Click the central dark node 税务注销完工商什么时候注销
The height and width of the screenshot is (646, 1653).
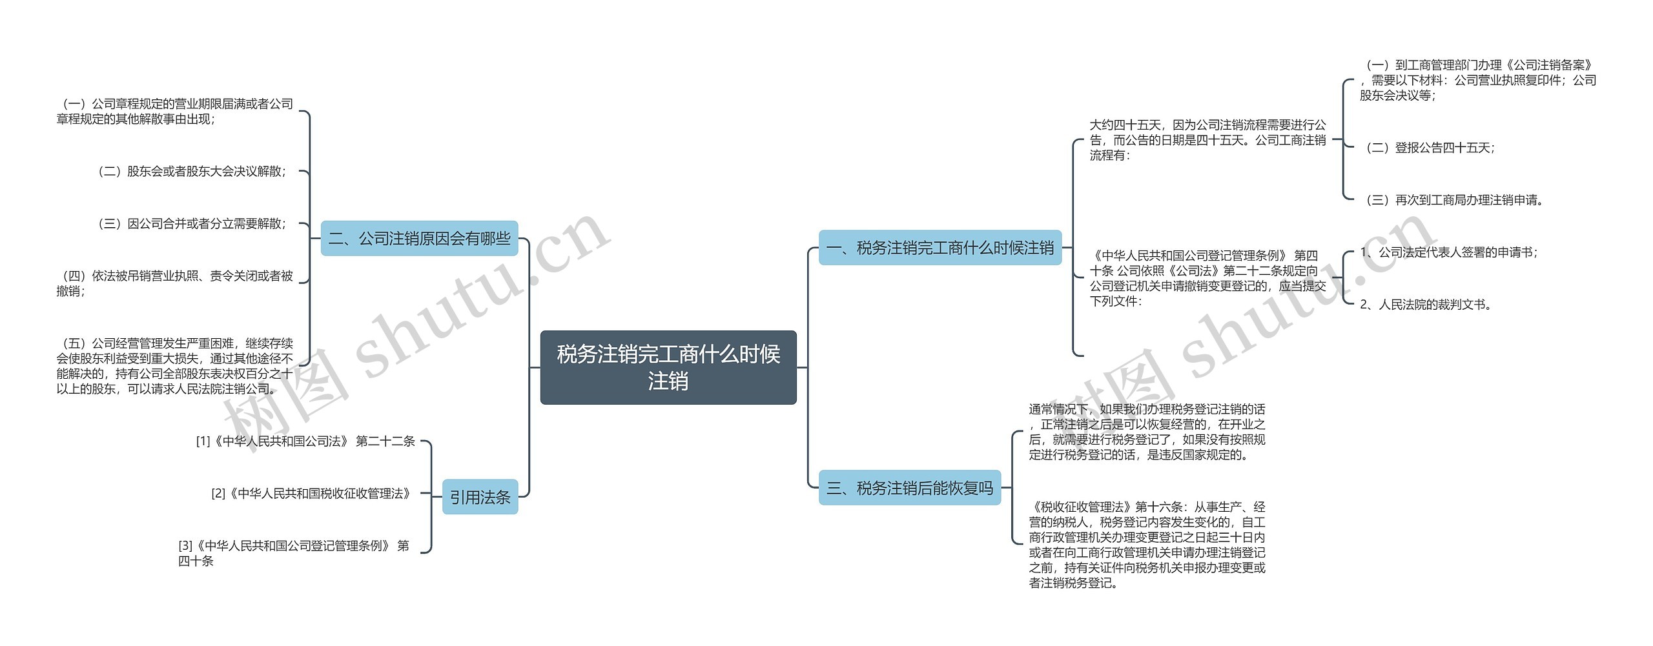(668, 367)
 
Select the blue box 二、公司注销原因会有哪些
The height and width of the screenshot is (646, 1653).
(419, 239)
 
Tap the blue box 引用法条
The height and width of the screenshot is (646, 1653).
(480, 497)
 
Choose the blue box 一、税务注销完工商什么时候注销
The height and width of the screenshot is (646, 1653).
(939, 248)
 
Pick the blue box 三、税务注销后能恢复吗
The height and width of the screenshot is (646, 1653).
(909, 488)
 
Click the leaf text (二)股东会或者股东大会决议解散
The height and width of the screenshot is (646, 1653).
(192, 172)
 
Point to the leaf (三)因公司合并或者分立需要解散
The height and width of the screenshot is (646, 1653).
(192, 224)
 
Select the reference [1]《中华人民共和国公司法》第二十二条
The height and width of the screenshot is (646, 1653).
(305, 441)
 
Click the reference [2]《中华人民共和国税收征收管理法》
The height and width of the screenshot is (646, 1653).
(311, 494)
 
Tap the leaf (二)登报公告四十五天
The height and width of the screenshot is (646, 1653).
(1430, 148)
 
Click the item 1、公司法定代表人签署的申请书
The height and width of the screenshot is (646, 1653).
(1448, 252)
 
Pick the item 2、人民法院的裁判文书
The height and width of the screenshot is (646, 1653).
(1425, 305)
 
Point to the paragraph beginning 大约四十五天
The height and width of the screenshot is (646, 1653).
(1207, 140)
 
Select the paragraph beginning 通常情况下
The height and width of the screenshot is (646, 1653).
(1147, 432)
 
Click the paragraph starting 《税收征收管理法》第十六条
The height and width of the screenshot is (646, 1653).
(1147, 545)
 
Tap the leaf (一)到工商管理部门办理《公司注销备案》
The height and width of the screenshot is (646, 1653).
(1477, 80)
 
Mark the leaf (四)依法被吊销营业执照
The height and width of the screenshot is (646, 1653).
(174, 283)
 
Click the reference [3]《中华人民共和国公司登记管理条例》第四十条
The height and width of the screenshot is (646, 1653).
(294, 553)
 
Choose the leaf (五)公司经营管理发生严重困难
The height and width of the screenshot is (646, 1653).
(174, 366)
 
